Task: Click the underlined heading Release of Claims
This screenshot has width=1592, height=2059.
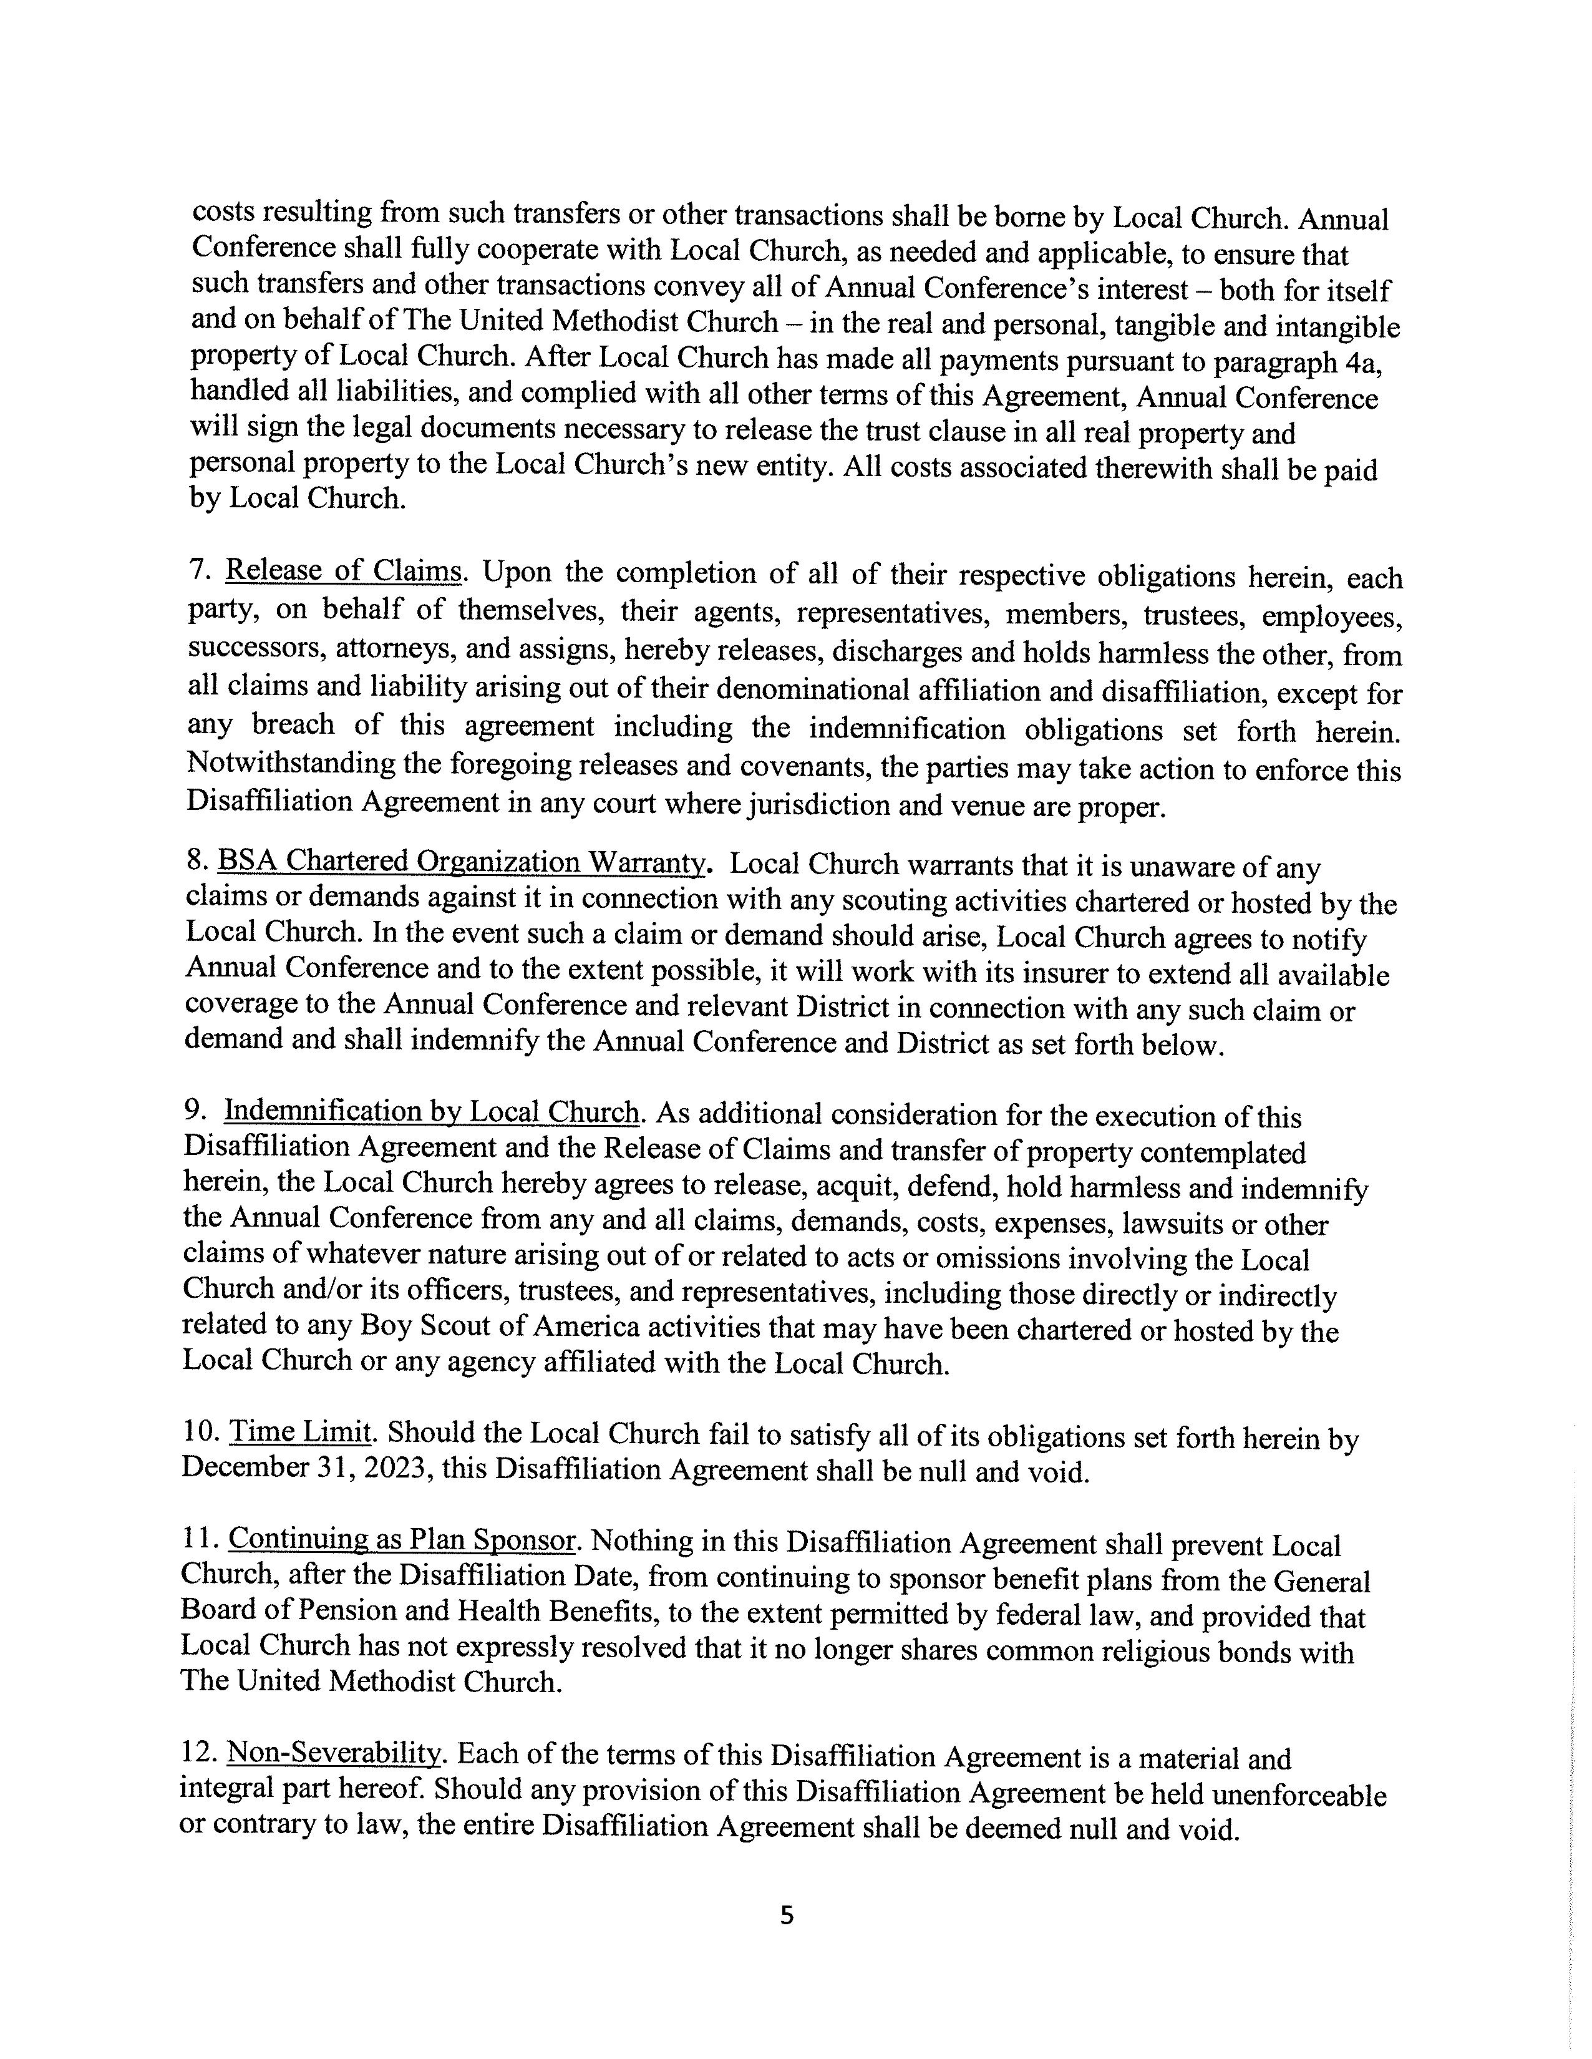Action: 343,572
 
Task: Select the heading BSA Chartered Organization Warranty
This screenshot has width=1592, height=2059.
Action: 461,862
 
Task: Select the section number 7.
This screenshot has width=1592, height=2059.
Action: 197,570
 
